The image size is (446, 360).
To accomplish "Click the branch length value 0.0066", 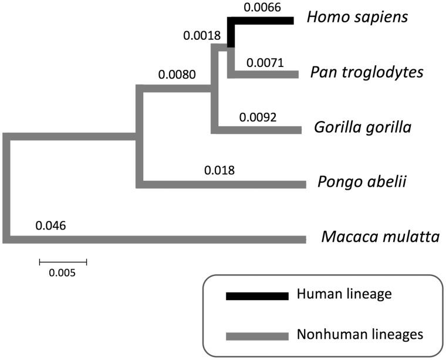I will (262, 8).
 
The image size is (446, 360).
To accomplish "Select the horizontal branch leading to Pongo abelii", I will (223, 184).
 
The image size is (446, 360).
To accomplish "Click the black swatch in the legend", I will (257, 295).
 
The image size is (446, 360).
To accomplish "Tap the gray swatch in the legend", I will (257, 336).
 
